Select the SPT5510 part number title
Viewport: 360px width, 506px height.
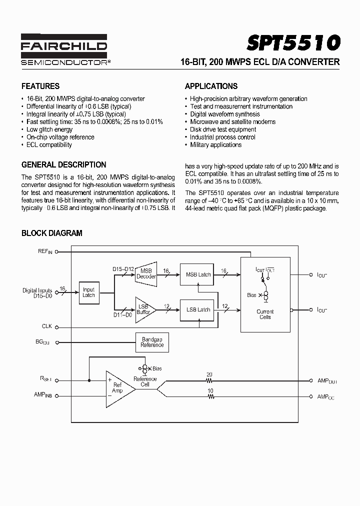pyautogui.click(x=293, y=43)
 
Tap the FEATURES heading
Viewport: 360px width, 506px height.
pyautogui.click(x=40, y=86)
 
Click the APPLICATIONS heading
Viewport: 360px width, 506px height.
pyautogui.click(x=211, y=86)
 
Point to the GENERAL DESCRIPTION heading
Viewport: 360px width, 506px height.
pyautogui.click(x=63, y=164)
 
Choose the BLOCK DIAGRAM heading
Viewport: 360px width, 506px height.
pyautogui.click(x=51, y=233)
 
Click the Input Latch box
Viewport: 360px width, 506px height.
pyautogui.click(x=88, y=292)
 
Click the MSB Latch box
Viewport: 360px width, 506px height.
pyautogui.click(x=198, y=274)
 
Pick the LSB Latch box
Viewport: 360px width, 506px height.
pyautogui.click(x=198, y=309)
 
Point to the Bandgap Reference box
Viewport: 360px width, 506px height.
pyautogui.click(x=152, y=342)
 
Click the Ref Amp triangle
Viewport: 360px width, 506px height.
pyautogui.click(x=118, y=387)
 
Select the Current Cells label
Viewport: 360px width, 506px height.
pyautogui.click(x=265, y=314)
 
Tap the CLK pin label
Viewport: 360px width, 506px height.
pyautogui.click(x=47, y=326)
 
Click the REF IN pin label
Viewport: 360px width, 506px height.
pyautogui.click(x=44, y=251)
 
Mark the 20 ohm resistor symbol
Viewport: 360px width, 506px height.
pyautogui.click(x=210, y=381)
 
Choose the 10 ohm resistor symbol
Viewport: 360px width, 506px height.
pyautogui.click(x=210, y=396)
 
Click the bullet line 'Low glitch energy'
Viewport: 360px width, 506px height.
pyautogui.click(x=49, y=129)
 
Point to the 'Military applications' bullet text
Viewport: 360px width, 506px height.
pyautogui.click(x=215, y=145)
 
